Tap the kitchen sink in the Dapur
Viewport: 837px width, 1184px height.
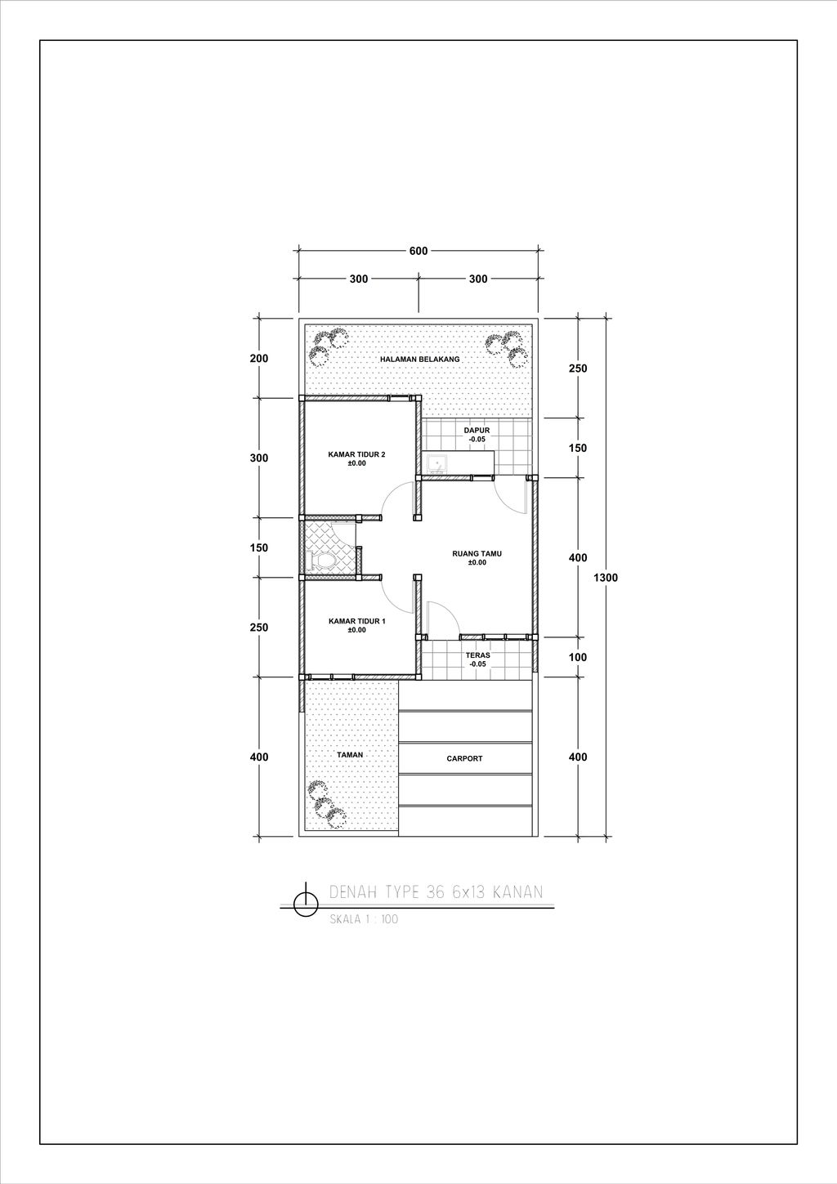[436, 463]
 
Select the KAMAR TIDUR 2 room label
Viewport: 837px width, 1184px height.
[357, 454]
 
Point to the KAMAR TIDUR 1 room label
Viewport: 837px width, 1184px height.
[357, 621]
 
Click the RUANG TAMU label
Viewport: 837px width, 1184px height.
[477, 554]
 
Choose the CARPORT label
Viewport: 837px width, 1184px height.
[464, 758]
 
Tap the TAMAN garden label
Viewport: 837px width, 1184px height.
[350, 755]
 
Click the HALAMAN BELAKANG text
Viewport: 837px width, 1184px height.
[420, 359]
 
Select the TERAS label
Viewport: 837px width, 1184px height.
[477, 655]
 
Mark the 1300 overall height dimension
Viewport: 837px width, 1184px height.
[606, 578]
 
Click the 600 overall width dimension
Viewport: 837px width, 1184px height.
[418, 251]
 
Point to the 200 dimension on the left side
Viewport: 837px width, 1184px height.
[259, 359]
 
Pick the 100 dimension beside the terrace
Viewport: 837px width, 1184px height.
[578, 657]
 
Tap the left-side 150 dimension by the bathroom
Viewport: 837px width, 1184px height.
[259, 547]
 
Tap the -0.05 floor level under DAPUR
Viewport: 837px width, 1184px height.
[477, 439]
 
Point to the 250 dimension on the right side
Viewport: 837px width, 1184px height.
[578, 369]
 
